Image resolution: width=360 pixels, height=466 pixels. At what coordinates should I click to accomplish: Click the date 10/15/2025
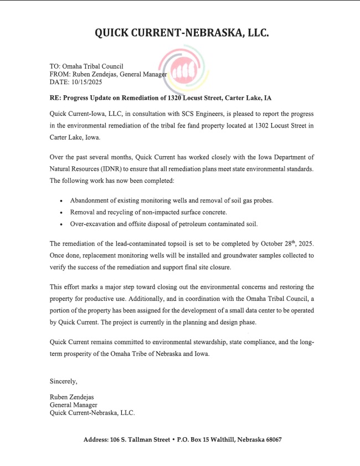point(88,82)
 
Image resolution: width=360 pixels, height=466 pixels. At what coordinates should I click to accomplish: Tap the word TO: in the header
point(56,66)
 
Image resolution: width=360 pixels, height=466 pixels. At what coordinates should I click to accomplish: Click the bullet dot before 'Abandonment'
point(61,201)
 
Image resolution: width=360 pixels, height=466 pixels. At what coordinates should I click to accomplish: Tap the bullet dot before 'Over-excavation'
point(61,224)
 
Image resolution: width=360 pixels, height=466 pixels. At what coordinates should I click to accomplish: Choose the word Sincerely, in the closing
point(64,381)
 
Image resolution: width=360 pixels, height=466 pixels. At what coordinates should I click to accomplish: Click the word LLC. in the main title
point(255,33)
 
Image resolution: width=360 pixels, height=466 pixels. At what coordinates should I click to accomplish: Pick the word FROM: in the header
point(60,74)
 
